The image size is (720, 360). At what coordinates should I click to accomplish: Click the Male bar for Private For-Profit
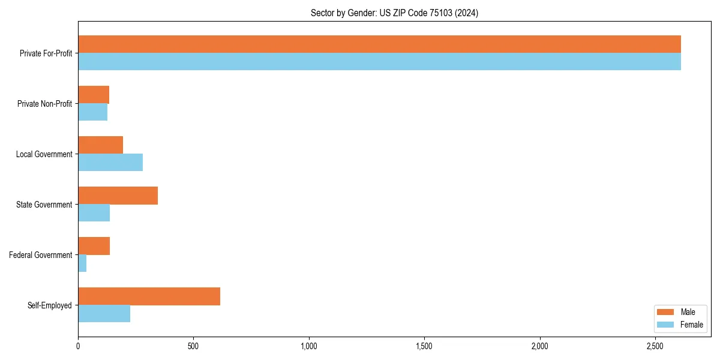coord(379,44)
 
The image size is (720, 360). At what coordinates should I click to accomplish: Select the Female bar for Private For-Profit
coord(379,62)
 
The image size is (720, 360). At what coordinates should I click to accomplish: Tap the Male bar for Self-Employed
coord(149,296)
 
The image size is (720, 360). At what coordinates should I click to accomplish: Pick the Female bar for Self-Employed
coord(104,314)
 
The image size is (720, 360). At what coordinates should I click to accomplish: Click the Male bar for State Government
coord(118,196)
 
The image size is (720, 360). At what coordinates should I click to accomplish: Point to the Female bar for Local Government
coord(110,163)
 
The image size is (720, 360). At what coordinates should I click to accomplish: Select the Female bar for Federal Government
coord(82,263)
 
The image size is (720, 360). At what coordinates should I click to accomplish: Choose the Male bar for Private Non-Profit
coord(94,95)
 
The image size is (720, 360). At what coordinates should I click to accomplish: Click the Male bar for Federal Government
coord(94,246)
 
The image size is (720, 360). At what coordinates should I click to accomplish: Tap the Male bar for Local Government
coord(100,145)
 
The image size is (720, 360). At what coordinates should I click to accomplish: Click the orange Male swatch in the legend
coord(665,312)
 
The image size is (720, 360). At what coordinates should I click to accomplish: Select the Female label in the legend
coord(691,325)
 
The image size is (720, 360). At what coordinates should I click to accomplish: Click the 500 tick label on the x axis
coord(193,346)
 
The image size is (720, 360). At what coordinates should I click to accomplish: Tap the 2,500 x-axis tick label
coord(655,346)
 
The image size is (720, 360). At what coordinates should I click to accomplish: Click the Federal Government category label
coord(41,255)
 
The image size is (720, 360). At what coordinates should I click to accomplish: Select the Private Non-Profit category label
coord(44,104)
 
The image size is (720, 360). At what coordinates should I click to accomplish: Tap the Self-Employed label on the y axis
coord(49,305)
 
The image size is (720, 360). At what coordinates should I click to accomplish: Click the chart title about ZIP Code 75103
coord(394,13)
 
